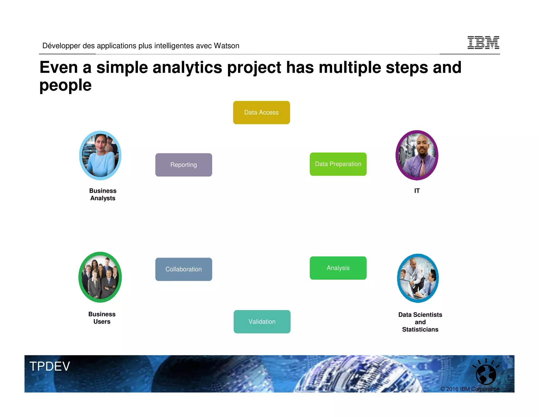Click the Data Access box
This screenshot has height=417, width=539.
[x=261, y=113]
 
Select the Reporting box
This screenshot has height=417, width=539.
[x=183, y=165]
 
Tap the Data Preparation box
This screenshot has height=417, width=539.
[x=338, y=164]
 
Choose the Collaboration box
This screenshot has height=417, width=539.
[x=183, y=269]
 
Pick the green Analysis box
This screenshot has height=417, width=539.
[x=338, y=268]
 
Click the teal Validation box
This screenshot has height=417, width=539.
[x=262, y=322]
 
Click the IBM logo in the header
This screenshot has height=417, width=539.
[x=483, y=42]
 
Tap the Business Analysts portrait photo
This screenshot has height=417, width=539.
[x=100, y=156]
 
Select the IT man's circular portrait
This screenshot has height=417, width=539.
[x=417, y=155]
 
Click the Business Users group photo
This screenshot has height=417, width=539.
[x=100, y=277]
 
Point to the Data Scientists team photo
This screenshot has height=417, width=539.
[x=418, y=278]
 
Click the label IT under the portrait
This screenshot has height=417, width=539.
[x=417, y=191]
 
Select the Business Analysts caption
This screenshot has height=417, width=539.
[x=103, y=194]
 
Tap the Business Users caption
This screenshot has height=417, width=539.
[x=102, y=318]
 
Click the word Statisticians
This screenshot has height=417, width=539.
[x=420, y=329]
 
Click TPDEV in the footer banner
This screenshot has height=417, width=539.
[x=50, y=366]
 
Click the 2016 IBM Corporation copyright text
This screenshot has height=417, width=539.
[x=470, y=389]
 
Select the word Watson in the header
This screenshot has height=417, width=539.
[x=226, y=46]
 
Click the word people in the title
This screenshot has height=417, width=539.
[x=65, y=85]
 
